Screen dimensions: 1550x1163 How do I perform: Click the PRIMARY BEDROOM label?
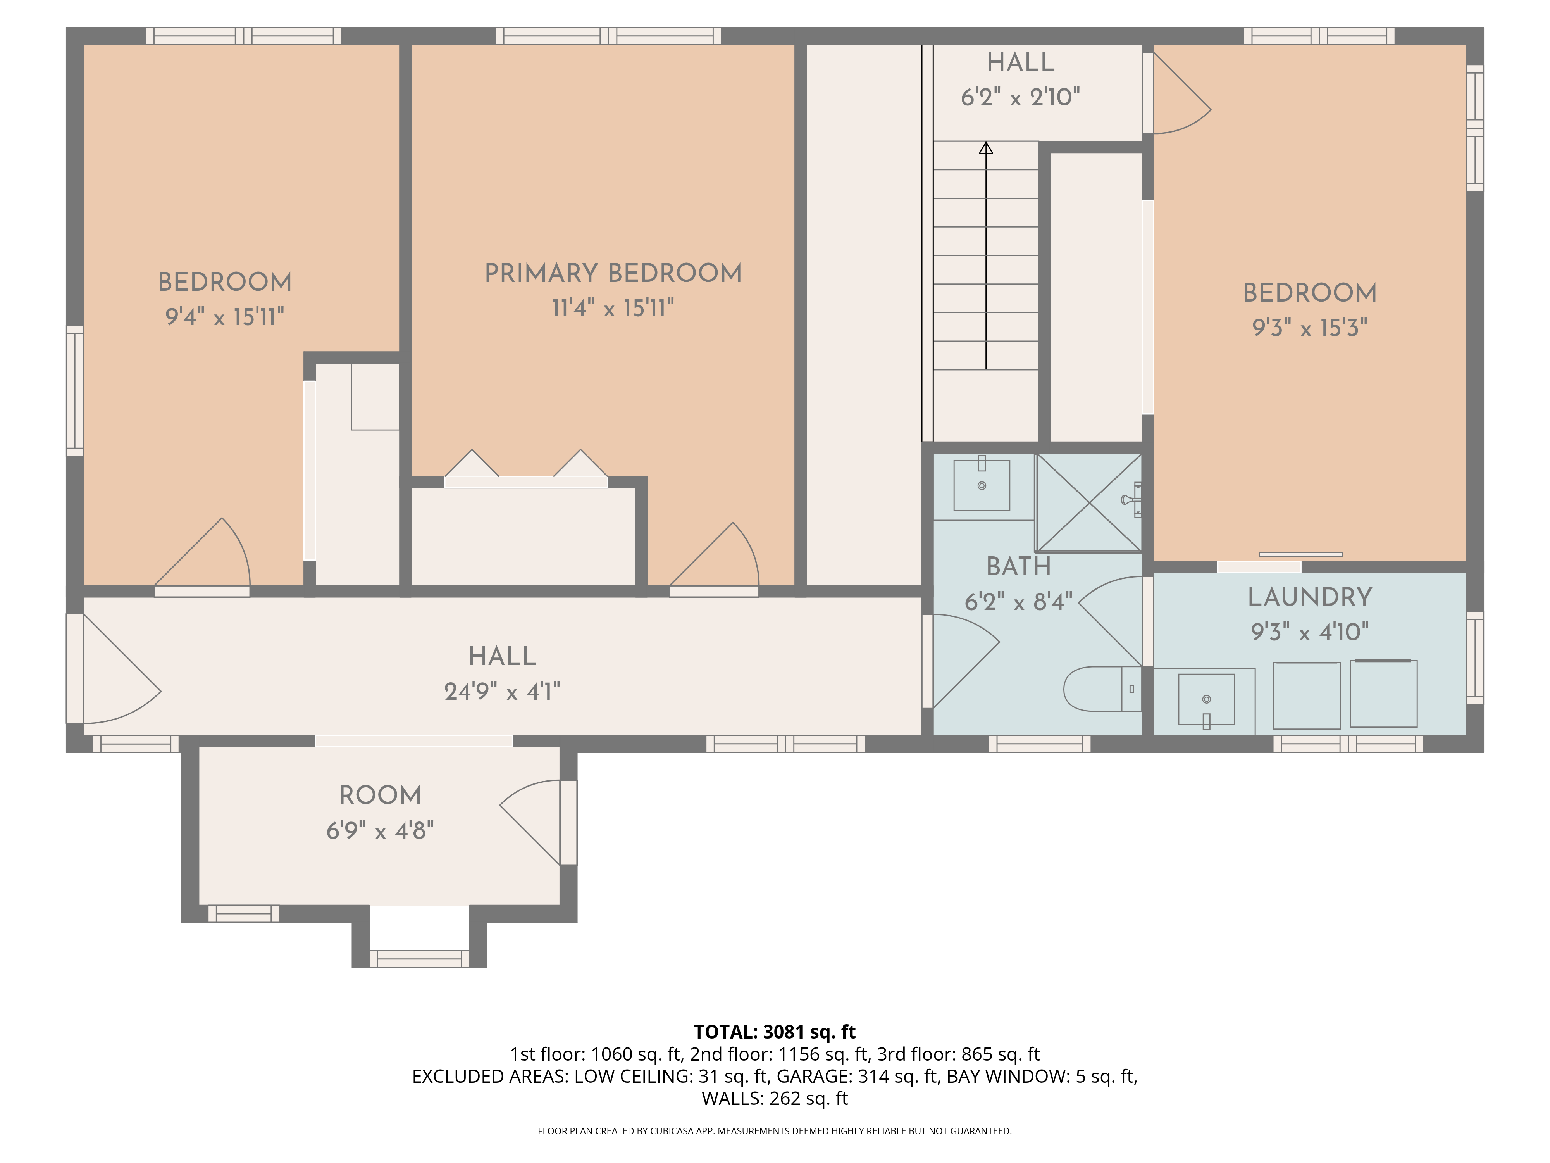613,273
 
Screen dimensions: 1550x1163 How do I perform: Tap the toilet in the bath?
1102,688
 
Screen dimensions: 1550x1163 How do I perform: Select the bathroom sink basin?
981,485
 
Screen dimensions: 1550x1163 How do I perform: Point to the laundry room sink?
1206,699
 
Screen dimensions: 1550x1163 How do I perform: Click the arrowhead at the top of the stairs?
986,148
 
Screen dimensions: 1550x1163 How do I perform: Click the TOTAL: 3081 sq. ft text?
774,1032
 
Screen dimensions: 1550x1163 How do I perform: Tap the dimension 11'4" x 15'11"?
613,308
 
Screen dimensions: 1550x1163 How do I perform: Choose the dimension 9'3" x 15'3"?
1310,327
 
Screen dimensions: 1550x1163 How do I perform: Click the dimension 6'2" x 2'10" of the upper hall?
1020,97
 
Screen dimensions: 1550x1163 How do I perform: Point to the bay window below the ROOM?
419,958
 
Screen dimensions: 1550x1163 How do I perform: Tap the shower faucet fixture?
1130,500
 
